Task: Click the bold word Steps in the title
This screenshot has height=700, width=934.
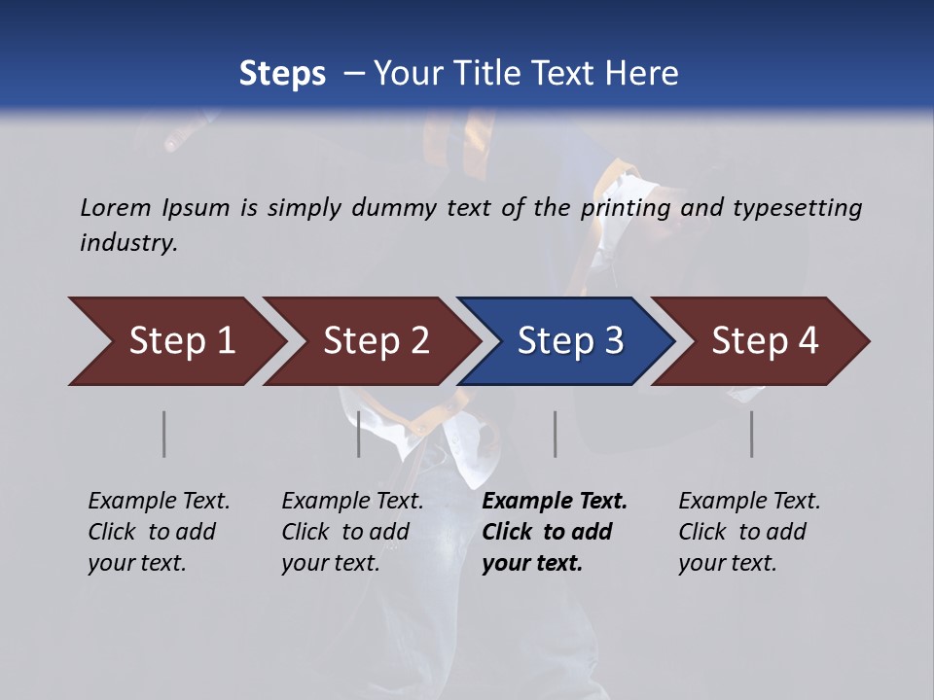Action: coord(282,74)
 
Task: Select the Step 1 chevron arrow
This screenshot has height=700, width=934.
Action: coord(175,341)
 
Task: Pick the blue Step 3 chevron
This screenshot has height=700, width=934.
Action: coord(564,341)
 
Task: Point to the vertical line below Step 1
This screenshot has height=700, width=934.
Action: coord(164,434)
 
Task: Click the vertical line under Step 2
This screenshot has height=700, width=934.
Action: coord(359,434)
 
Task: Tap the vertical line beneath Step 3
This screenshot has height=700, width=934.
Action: coord(556,434)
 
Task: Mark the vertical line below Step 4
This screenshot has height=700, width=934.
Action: coord(752,434)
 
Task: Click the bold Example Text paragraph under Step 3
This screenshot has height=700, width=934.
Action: coord(555,532)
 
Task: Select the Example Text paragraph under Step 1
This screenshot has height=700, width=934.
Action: coord(159,532)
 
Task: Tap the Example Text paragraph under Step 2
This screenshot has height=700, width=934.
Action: coord(352,532)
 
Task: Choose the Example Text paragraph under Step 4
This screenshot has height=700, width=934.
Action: coord(749,532)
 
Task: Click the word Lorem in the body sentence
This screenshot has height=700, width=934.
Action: coord(116,208)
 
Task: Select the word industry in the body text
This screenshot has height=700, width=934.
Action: coord(127,243)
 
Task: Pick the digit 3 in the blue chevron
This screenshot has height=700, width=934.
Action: coord(613,341)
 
